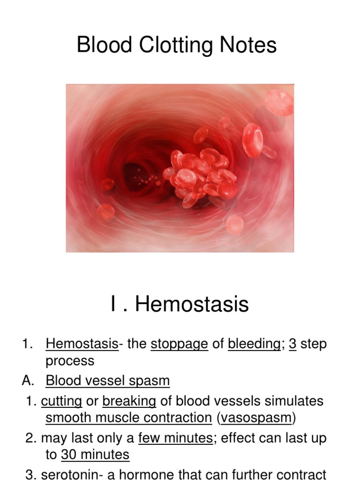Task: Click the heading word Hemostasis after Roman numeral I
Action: point(192,304)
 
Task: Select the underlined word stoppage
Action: point(179,344)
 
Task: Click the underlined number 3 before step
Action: point(292,344)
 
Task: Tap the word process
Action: point(70,361)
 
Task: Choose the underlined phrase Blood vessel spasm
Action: point(108,380)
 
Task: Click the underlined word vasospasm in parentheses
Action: point(255,417)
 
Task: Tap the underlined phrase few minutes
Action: point(175,438)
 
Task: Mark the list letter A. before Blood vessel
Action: point(28,380)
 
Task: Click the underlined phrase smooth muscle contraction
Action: point(128,417)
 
